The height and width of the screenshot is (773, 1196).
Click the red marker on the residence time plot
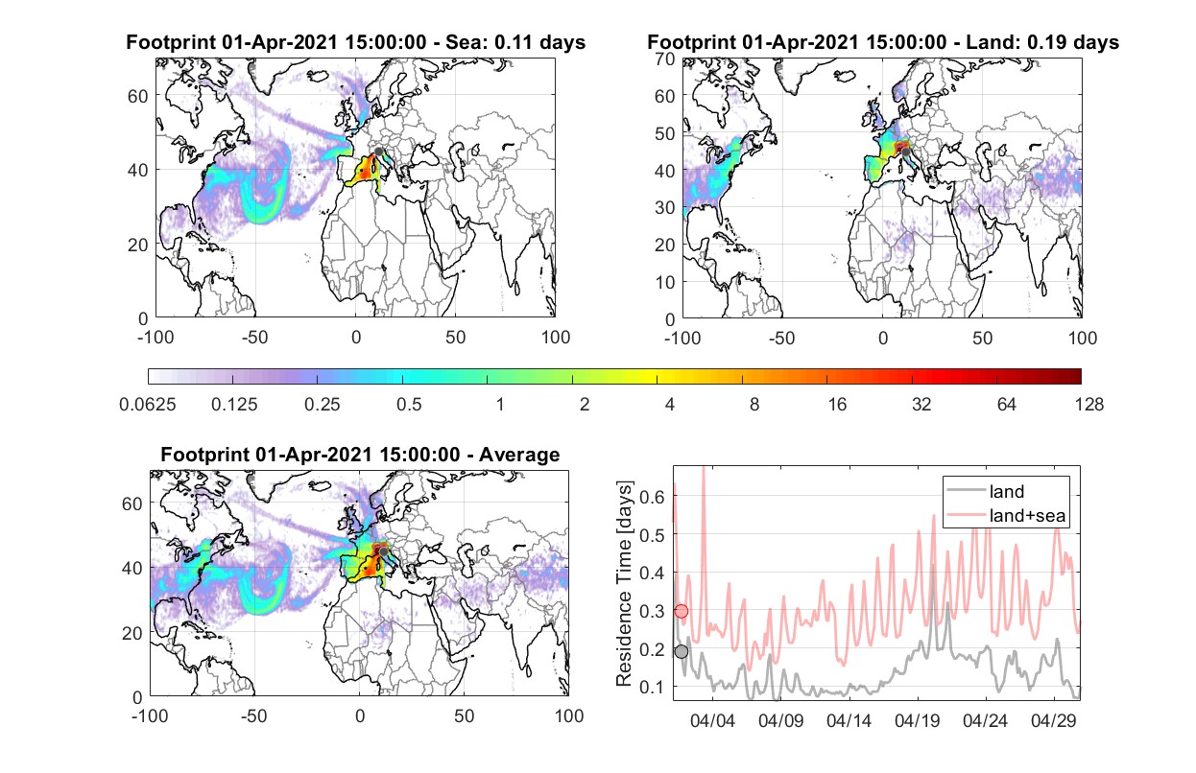click(681, 611)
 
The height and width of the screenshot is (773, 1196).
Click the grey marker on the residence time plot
click(682, 651)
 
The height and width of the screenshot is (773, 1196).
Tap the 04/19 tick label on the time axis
click(918, 720)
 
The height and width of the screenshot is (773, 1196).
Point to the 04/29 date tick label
click(1054, 720)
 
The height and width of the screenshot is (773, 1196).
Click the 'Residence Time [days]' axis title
click(624, 584)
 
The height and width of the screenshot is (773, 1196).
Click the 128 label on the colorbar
click(1088, 405)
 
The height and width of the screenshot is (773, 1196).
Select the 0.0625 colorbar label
click(148, 405)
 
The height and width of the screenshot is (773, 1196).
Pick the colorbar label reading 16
click(837, 405)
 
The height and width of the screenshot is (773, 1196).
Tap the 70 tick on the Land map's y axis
click(665, 59)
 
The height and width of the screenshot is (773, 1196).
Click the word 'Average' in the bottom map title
click(519, 455)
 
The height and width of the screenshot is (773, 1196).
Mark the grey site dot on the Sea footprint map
click(378, 152)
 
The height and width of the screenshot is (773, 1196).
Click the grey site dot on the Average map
click(383, 551)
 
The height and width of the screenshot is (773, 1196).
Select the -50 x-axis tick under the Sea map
click(255, 338)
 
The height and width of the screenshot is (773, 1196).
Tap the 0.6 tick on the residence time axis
click(652, 497)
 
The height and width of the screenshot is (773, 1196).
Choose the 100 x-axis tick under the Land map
click(1083, 339)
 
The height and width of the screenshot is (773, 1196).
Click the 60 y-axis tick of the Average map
click(132, 504)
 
